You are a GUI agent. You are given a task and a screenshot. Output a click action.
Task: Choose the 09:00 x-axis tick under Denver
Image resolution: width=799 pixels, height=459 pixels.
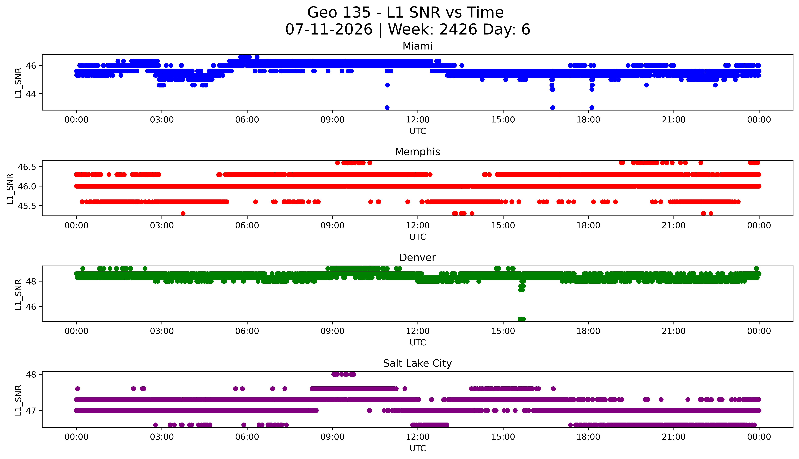pyautogui.click(x=332, y=331)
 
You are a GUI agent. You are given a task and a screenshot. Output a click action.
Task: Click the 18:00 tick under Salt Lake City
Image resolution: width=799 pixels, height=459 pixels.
pyautogui.click(x=588, y=437)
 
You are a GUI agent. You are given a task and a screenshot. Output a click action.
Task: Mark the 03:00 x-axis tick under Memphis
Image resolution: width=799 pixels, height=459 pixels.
pyautogui.click(x=162, y=226)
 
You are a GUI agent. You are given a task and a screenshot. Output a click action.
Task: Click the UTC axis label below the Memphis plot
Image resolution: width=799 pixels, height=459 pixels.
pyautogui.click(x=418, y=237)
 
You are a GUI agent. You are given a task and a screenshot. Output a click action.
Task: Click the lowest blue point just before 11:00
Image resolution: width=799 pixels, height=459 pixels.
pyautogui.click(x=387, y=107)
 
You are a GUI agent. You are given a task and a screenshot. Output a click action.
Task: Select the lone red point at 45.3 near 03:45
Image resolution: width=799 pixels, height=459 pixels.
pyautogui.click(x=183, y=213)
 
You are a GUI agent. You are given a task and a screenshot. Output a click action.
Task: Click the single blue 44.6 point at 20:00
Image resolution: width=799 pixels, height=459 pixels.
pyautogui.click(x=646, y=85)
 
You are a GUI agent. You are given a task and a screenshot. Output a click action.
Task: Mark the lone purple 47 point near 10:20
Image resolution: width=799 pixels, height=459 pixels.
pyautogui.click(x=370, y=410)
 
